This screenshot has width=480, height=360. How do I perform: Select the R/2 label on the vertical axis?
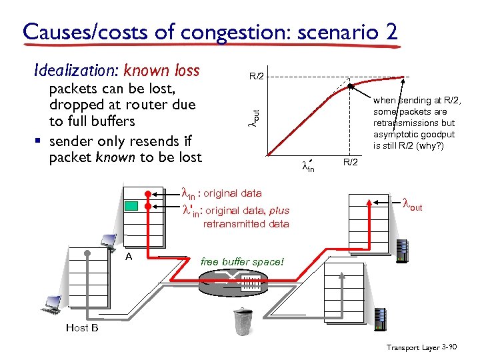tap(257, 76)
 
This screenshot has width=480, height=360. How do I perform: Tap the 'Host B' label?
tap(82, 327)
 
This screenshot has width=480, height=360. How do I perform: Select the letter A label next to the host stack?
tap(129, 255)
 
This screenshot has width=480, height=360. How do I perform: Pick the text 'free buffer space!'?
tap(242, 262)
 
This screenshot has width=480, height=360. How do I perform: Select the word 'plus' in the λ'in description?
tap(280, 211)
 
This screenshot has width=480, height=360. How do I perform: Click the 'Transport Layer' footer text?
tap(412, 348)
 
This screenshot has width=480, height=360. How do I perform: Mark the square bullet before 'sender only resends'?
tap(40, 141)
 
